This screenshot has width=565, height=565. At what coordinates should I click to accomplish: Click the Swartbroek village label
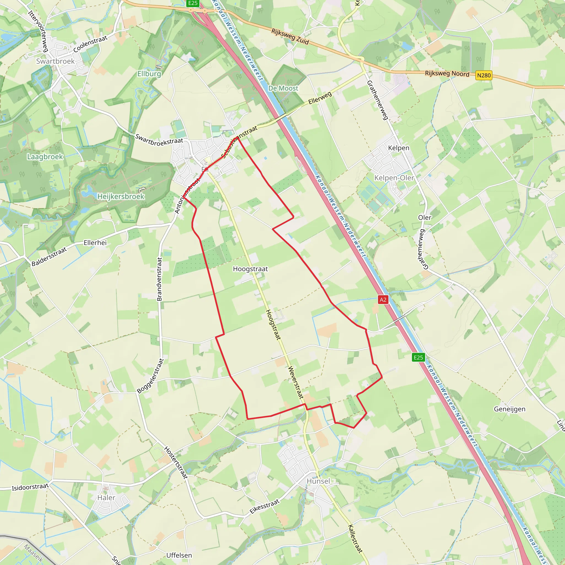(x=55, y=61)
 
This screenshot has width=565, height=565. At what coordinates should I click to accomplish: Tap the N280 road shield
(x=484, y=75)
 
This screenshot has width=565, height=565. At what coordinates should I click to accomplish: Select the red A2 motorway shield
(x=383, y=299)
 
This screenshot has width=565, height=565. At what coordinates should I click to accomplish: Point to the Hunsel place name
(x=318, y=481)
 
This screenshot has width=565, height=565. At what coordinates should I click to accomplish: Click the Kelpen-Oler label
(x=394, y=178)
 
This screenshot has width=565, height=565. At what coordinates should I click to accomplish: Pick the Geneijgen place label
(x=510, y=409)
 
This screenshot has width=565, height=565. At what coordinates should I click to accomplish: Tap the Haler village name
(x=106, y=497)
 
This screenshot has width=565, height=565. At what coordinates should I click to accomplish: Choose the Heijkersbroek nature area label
(x=121, y=196)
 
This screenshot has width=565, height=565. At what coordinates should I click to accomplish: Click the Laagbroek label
(x=45, y=157)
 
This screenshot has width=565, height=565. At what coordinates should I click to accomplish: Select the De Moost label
(x=283, y=88)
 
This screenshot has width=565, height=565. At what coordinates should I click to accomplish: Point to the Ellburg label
(x=149, y=74)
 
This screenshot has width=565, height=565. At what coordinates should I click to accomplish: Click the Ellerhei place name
(x=95, y=243)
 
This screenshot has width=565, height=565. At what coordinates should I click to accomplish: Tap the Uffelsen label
(x=179, y=555)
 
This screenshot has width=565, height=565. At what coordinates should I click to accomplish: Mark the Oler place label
(x=425, y=218)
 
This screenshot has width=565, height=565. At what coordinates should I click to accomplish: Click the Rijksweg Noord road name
(x=447, y=73)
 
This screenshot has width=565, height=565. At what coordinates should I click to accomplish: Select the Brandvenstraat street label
(x=159, y=279)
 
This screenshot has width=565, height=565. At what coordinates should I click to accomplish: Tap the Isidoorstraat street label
(x=30, y=487)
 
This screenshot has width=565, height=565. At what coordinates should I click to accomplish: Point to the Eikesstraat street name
(x=264, y=507)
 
